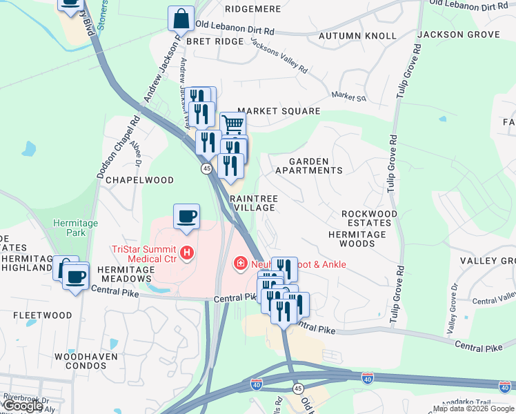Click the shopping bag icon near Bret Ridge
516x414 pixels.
(x=181, y=19)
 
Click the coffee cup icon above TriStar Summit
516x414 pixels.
(x=186, y=217)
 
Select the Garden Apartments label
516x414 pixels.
(x=308, y=165)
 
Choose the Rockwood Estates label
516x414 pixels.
(x=370, y=219)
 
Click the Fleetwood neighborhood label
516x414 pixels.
(x=43, y=315)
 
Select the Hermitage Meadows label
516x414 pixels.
(x=124, y=274)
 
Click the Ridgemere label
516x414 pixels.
(x=252, y=10)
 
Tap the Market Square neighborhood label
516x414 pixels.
(x=279, y=111)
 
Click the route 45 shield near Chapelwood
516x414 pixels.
(x=206, y=168)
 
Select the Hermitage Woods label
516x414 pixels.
(x=357, y=239)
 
